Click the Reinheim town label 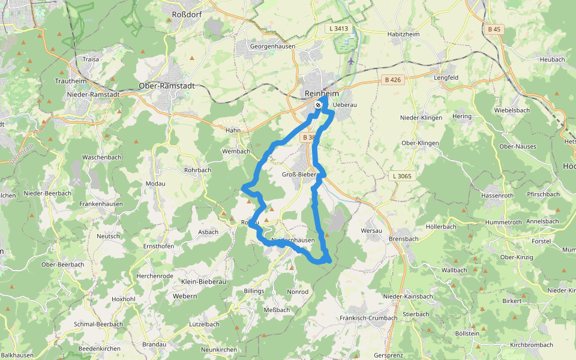coord(322,94)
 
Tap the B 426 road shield coord(392,80)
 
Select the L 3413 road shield coord(338,28)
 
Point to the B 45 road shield coord(494,29)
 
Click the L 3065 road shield coord(401,176)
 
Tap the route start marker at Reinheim coord(318,105)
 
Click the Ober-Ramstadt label coord(166,86)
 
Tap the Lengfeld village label coord(446,77)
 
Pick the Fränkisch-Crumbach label coord(368,318)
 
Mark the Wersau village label coord(372,230)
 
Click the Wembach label coord(236,151)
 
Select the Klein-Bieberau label coord(203,281)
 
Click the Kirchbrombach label coord(531,345)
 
